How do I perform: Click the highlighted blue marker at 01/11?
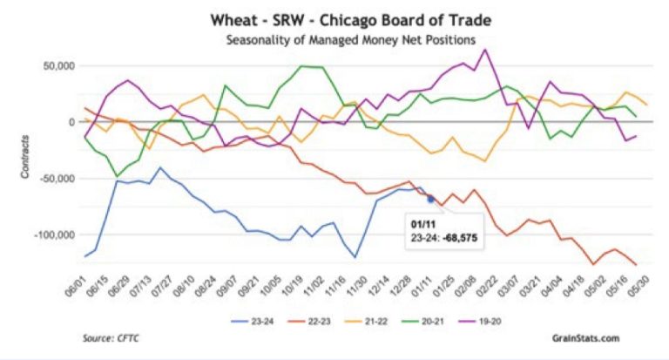[430, 199]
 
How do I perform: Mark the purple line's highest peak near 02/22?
[485, 49]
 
